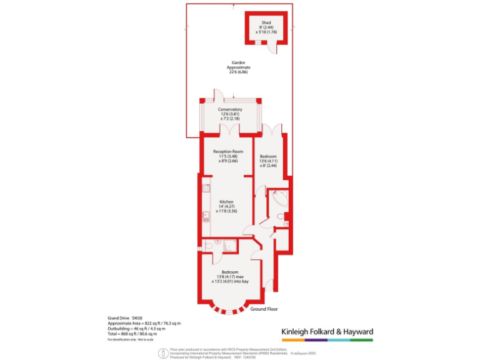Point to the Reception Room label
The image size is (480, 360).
(227, 152)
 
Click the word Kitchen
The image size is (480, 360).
(226, 201)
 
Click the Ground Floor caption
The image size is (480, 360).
(264, 309)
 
